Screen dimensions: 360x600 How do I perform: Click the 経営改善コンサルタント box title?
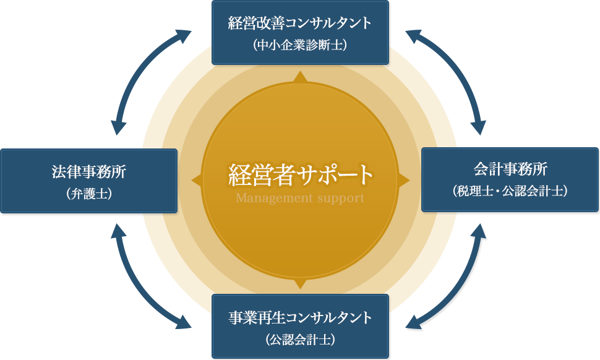pos(300,24)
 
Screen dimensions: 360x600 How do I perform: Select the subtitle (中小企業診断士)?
pos(300,45)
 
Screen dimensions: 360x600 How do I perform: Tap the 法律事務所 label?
pos(88,171)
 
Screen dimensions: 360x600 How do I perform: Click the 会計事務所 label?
pos(510,169)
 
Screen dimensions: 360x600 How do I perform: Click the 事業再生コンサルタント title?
pos(300,318)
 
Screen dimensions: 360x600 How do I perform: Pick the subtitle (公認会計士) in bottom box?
pos(300,340)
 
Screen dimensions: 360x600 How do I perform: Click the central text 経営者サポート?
pos(301,175)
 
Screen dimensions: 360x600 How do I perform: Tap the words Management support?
pos(300,199)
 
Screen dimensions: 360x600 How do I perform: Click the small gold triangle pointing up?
pos(301,77)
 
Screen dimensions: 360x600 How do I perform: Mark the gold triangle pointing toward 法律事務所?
pos(197,180)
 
